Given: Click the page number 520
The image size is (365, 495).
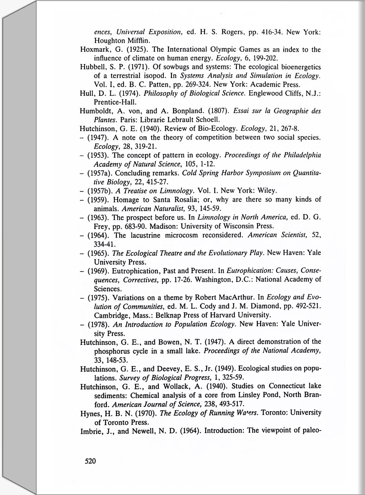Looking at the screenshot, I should [x=90, y=461].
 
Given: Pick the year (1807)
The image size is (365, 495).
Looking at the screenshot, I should [x=218, y=111].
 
